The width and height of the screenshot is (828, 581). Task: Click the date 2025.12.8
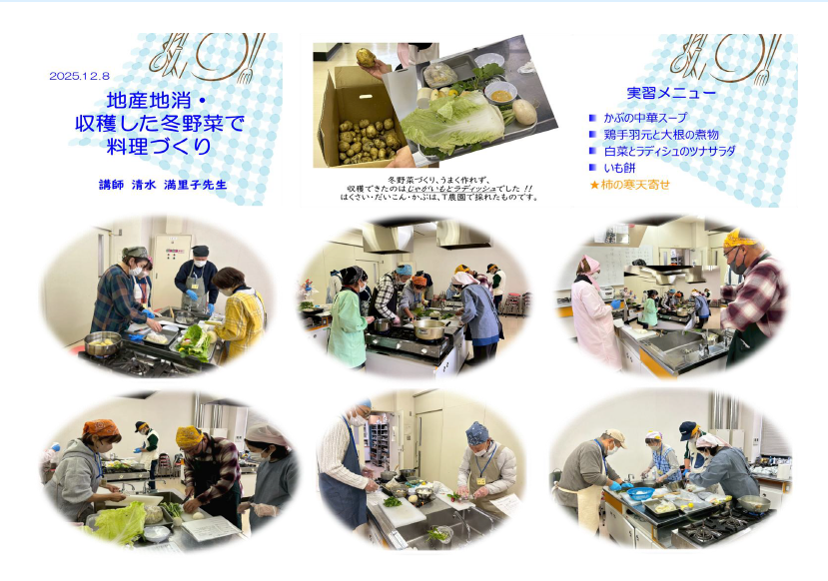pos(79,76)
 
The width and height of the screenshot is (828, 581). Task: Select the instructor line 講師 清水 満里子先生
pos(163,185)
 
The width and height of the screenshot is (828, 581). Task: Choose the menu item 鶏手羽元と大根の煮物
pos(661,135)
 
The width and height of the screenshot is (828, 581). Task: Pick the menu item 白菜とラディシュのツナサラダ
pos(669,152)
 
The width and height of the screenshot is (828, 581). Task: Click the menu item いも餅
pos(619,168)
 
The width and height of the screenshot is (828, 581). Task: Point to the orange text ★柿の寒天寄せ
pos(629,185)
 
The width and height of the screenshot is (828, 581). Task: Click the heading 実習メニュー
pos(672,93)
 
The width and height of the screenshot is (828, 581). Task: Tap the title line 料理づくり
pos(159,146)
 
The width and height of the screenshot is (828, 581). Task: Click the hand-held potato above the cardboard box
pos(366,58)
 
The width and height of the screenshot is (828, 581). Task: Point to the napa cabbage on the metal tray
pos(452,122)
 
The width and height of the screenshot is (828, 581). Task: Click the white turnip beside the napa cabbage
pos(524,112)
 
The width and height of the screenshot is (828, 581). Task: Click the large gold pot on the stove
pos(428,328)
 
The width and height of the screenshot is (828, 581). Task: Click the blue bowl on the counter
pos(640,493)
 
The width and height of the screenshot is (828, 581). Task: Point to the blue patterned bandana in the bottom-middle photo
pos(477,433)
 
